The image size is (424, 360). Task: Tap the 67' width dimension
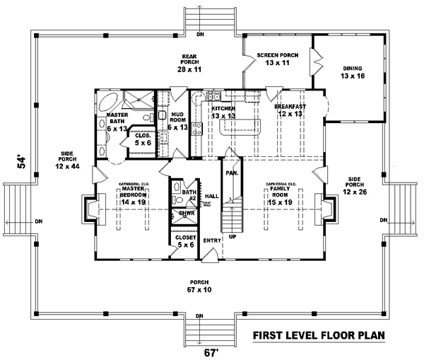(204, 352)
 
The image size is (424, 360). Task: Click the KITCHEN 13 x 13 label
(223, 112)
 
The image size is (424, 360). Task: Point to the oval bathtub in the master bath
(113, 99)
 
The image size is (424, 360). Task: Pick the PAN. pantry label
(231, 172)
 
